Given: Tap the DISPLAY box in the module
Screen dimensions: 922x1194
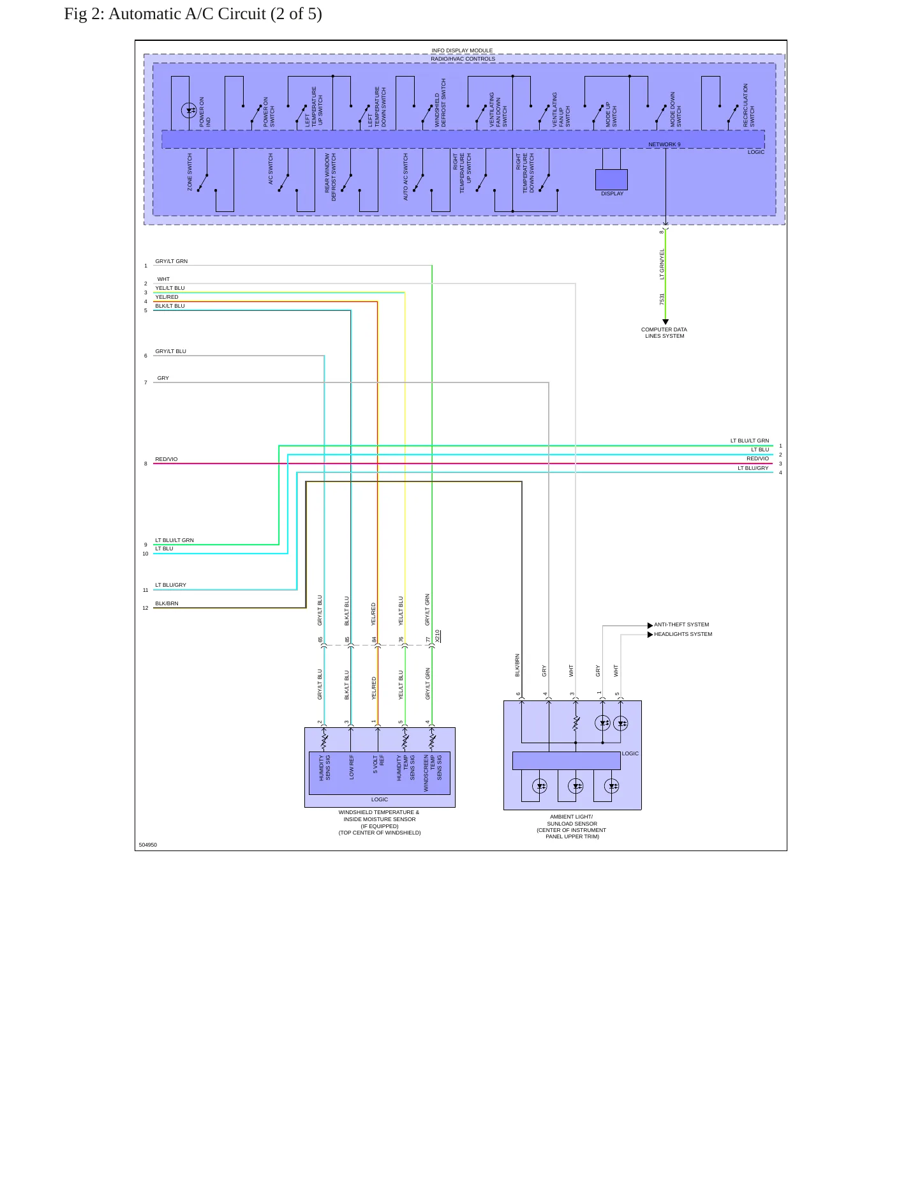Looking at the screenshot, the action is [x=611, y=179].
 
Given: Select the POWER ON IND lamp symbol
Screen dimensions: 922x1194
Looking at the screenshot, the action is [x=189, y=110].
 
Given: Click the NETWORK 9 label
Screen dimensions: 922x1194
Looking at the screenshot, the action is [x=664, y=144].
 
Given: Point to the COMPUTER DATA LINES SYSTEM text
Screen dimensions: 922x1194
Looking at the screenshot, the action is [x=664, y=333].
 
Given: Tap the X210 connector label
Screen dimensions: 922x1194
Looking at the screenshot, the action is [x=438, y=636].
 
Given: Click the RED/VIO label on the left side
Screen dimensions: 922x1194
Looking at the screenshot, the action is [x=167, y=459].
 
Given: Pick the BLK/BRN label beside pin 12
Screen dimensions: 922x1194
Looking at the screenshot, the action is [x=167, y=603].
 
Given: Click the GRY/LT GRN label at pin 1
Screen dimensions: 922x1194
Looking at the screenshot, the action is [x=171, y=261].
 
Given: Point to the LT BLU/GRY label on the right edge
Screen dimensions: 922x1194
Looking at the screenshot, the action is [x=753, y=468].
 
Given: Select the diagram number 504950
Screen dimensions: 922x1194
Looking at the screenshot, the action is [x=147, y=845].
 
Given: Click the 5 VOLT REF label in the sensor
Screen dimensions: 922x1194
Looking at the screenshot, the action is [x=378, y=764].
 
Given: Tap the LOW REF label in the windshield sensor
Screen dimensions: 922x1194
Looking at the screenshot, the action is [x=352, y=767].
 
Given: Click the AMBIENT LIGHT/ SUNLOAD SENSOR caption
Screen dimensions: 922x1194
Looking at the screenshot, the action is [x=572, y=826].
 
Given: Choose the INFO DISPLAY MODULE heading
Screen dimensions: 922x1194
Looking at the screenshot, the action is [x=462, y=50].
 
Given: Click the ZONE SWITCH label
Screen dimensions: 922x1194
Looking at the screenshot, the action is [x=190, y=172].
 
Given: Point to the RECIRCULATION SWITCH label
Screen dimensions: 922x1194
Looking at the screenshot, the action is [x=748, y=105].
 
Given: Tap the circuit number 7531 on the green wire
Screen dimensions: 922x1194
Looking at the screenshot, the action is [x=662, y=299].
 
